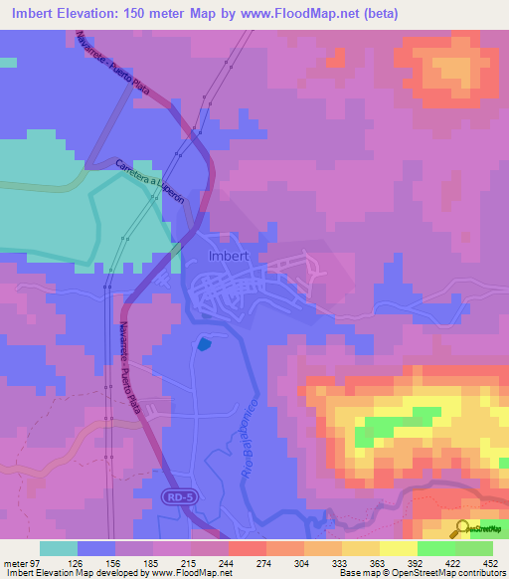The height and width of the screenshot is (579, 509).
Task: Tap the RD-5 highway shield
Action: [176, 494]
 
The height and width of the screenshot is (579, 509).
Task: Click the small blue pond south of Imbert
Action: [205, 344]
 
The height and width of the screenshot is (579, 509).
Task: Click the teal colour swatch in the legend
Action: [58, 547]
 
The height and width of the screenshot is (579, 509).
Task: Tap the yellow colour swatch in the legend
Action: [398, 547]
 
